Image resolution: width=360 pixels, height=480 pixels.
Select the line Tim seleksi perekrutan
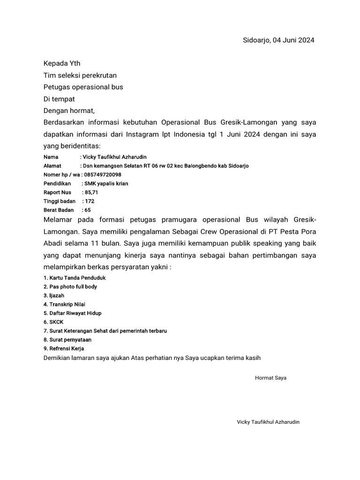(80, 75)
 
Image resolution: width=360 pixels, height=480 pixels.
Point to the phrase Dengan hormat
(69, 111)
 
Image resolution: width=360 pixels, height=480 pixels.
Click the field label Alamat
(52, 165)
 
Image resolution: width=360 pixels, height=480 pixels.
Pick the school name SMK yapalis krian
(106, 183)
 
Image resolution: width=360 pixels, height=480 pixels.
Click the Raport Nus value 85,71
(91, 192)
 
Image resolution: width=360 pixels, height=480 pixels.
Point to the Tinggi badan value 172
(90, 201)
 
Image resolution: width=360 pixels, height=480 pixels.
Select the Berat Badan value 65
(88, 210)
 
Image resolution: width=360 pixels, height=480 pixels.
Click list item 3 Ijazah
(54, 295)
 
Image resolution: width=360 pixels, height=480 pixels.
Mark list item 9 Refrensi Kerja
(64, 348)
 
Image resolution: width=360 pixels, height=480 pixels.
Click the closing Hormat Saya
(270, 377)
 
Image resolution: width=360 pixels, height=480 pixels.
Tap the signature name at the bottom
(268, 422)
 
